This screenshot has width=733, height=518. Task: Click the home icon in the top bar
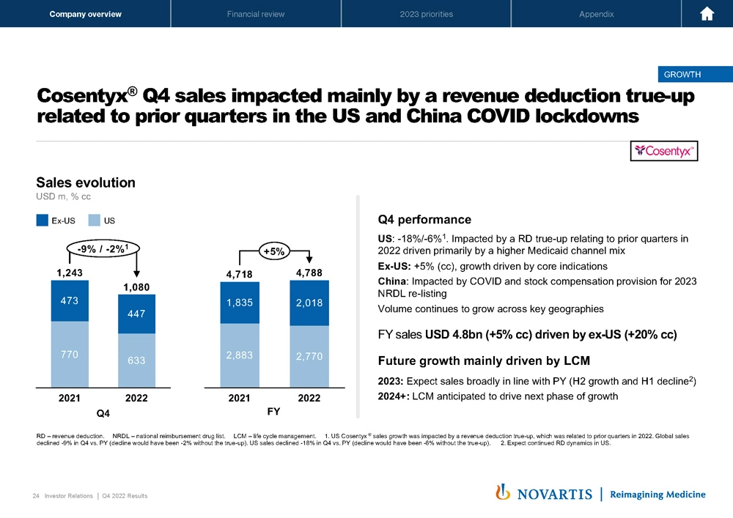(x=707, y=14)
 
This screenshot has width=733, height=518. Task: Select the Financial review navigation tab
(x=256, y=14)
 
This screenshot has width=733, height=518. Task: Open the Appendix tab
(x=596, y=14)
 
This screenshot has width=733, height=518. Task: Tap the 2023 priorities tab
(x=426, y=14)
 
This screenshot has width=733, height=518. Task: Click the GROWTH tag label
(x=682, y=74)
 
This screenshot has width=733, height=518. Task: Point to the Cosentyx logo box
(x=666, y=150)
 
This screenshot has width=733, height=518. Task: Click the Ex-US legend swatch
(x=43, y=220)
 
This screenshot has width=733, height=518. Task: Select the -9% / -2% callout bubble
(x=103, y=249)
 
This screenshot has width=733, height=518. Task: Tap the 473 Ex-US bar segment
(x=69, y=301)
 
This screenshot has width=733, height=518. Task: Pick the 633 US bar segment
(x=136, y=360)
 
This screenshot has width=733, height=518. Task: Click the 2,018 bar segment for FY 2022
(x=309, y=303)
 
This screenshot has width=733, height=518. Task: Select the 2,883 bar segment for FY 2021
(x=240, y=355)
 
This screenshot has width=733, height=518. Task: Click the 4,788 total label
(x=309, y=273)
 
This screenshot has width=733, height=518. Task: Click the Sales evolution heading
(x=86, y=182)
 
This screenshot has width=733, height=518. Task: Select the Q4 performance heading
(x=424, y=220)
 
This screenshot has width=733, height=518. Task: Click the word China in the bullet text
(x=394, y=281)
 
